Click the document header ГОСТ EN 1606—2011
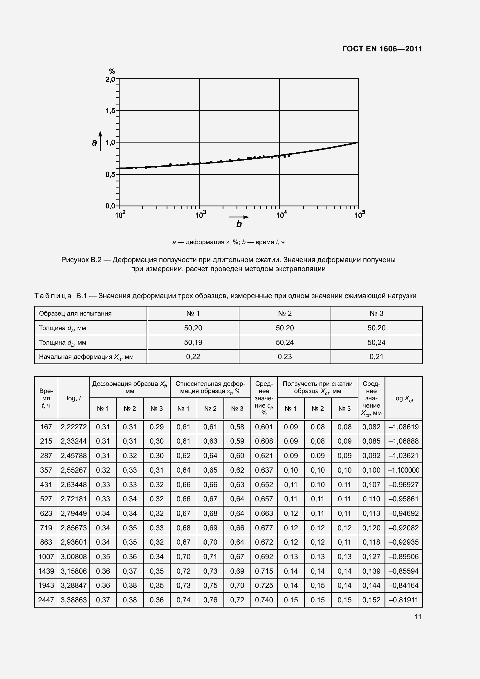(x=382, y=49)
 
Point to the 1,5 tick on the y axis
(x=110, y=111)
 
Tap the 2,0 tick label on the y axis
(x=110, y=79)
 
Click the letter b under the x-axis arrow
(x=239, y=224)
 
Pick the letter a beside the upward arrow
(x=94, y=143)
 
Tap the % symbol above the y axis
(x=112, y=71)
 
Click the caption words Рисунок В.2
(x=81, y=260)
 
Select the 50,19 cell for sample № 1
(x=193, y=343)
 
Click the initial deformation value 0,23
(x=285, y=357)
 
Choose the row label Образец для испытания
(x=75, y=314)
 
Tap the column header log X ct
(x=403, y=398)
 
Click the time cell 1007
(x=46, y=556)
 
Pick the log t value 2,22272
(x=74, y=427)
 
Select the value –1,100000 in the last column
(x=403, y=470)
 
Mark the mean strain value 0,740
(x=264, y=600)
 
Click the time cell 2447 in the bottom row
(x=46, y=600)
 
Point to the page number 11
(x=418, y=617)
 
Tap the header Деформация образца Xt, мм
(x=129, y=387)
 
